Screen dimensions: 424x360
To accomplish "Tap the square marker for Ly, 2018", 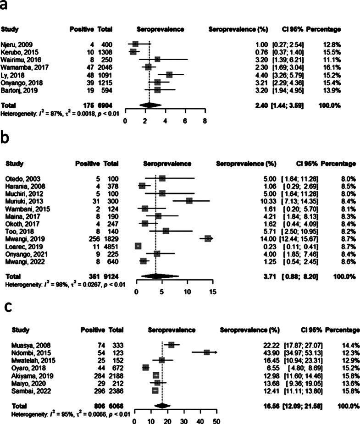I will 169,74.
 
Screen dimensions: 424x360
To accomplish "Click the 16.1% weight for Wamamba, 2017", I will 333,66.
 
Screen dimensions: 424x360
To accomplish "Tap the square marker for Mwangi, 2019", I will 208,238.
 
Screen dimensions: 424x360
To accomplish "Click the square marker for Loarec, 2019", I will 138,246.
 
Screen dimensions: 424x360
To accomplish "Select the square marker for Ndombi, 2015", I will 207,352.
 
